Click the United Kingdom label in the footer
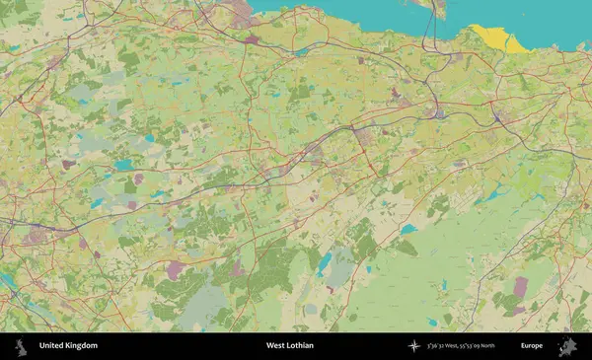(x=68, y=346)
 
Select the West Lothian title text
(x=289, y=346)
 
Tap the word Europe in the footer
(x=532, y=346)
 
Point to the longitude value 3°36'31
(x=441, y=346)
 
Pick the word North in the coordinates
(x=510, y=346)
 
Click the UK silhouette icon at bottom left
(x=20, y=346)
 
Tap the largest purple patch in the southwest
(x=175, y=268)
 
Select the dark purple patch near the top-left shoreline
(x=253, y=39)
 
